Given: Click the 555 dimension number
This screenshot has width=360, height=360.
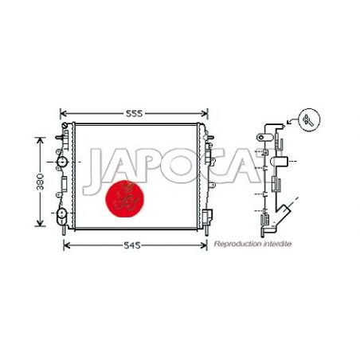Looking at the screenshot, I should tap(135, 114).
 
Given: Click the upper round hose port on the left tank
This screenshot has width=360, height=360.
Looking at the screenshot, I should tap(62, 163).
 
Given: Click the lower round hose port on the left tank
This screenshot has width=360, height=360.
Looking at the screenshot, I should tap(61, 215).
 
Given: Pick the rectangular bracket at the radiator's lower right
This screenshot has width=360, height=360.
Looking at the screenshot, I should tap(208, 217).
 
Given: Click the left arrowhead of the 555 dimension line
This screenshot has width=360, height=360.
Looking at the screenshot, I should tap(64, 114).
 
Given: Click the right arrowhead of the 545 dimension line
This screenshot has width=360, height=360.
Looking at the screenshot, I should tap(202, 246).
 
